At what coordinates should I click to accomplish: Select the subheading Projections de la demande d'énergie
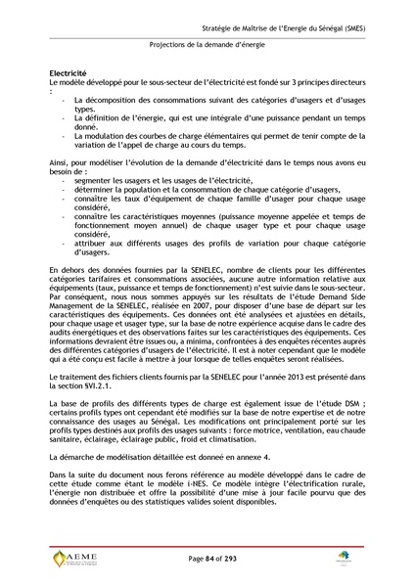[x=207, y=44]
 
